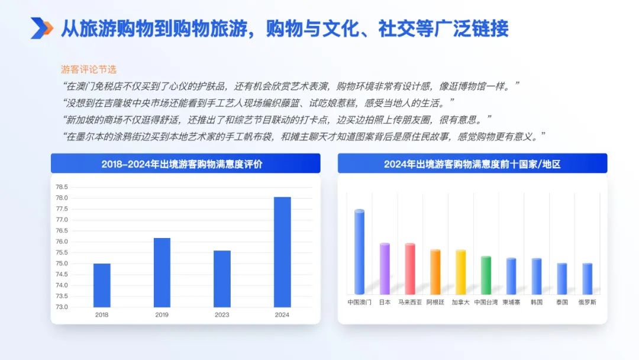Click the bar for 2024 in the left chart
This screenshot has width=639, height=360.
(282, 252)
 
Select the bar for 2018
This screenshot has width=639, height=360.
(102, 285)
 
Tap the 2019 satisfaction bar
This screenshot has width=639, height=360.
(162, 272)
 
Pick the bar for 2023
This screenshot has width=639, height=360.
(222, 279)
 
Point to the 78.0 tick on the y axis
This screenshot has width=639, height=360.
(62, 198)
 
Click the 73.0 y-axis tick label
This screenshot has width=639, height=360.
(62, 307)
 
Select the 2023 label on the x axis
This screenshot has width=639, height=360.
(222, 315)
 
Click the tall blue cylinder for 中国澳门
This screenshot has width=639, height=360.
(360, 252)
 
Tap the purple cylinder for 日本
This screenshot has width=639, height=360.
(385, 269)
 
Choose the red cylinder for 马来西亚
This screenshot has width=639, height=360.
(410, 269)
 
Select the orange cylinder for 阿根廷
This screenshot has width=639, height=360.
(435, 272)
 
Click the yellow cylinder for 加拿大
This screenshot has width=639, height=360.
(460, 272)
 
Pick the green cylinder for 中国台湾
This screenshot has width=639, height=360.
(486, 275)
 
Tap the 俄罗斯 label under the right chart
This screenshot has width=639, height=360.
(588, 302)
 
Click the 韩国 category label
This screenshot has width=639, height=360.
(537, 302)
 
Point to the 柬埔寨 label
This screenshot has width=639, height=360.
(511, 302)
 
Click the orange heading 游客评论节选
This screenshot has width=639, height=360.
(89, 69)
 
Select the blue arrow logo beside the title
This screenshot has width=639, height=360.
(41, 28)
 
